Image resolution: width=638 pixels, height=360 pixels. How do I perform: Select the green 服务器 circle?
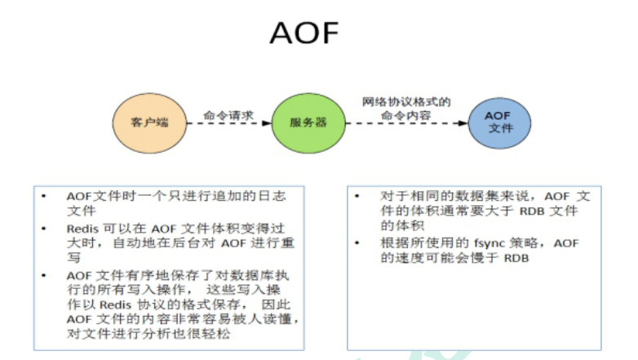click(x=308, y=122)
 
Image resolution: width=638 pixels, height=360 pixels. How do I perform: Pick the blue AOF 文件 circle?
click(x=499, y=122)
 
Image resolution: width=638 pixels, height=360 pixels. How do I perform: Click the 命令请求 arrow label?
click(x=228, y=115)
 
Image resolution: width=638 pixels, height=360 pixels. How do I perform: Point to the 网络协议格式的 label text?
click(x=407, y=103)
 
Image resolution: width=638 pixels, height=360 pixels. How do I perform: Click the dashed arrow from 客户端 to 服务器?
click(x=228, y=124)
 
